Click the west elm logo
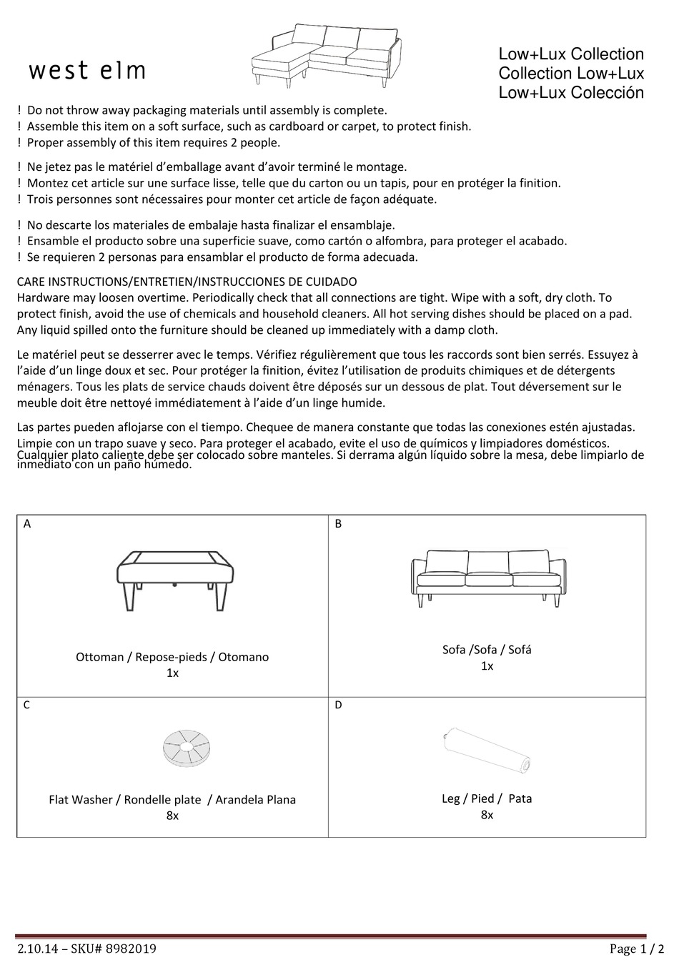(87, 71)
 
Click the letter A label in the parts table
(27, 524)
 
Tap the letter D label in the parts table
(338, 706)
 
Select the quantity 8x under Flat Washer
(172, 816)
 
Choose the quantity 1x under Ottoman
(172, 673)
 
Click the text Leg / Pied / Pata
(487, 798)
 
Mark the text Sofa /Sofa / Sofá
(487, 650)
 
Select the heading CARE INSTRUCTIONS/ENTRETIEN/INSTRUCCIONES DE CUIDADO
(187, 282)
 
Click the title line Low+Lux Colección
(571, 93)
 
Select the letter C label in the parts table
(27, 706)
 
